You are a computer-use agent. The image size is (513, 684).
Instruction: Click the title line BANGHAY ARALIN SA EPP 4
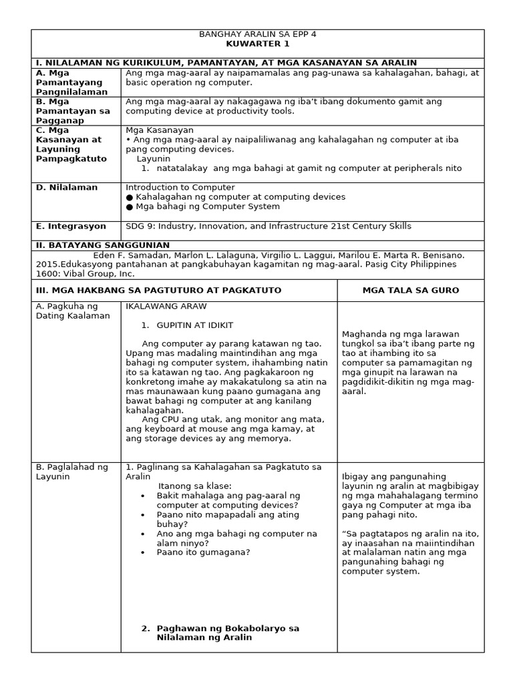(x=257, y=35)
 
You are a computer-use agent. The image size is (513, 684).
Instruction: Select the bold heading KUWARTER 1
(x=257, y=44)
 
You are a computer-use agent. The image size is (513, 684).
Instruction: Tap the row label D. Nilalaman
(x=67, y=188)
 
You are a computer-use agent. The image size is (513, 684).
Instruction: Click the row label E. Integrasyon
(x=69, y=226)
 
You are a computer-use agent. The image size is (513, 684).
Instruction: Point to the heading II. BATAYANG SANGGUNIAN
(x=102, y=245)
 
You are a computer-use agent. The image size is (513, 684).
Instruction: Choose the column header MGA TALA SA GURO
(x=410, y=290)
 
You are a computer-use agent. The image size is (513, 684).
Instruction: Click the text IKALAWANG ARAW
(x=166, y=307)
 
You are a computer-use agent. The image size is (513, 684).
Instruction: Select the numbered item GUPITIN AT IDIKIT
(x=194, y=325)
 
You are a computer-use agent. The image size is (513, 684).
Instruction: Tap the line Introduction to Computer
(x=180, y=188)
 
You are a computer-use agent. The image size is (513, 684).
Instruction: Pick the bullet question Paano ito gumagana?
(x=203, y=552)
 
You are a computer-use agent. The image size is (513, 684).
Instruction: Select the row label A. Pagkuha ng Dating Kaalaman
(x=72, y=311)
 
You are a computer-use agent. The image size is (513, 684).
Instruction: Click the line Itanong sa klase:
(x=194, y=486)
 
